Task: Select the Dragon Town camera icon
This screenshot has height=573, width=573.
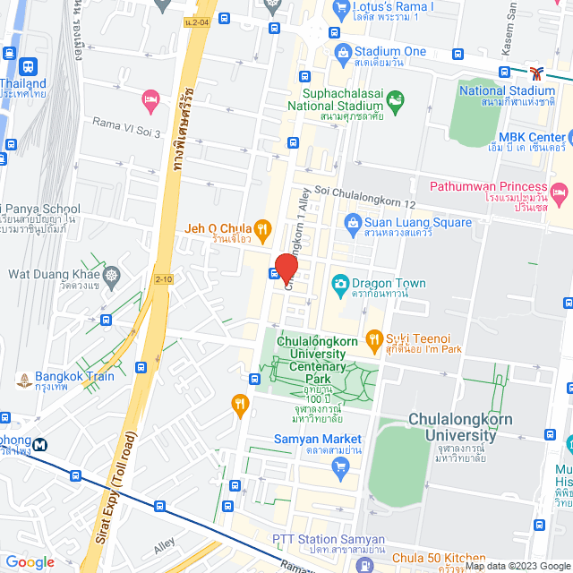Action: pyautogui.click(x=340, y=285)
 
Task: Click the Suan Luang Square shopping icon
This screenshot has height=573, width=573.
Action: pyautogui.click(x=354, y=222)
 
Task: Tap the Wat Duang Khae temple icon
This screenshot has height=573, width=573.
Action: pyautogui.click(x=111, y=275)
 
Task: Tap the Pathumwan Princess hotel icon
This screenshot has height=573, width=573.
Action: pyautogui.click(x=560, y=192)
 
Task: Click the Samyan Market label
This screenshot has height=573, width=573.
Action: pyautogui.click(x=318, y=439)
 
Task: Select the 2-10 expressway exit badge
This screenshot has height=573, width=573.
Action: pyautogui.click(x=163, y=279)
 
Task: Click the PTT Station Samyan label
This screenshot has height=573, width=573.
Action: pyautogui.click(x=329, y=540)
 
